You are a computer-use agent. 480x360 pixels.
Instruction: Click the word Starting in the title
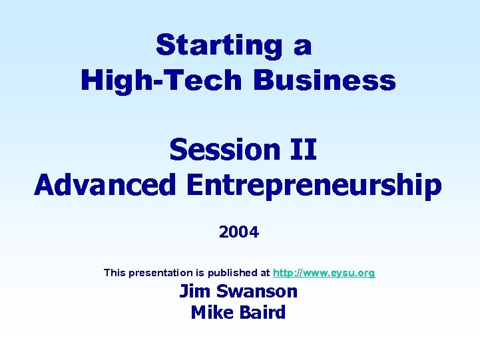(x=216, y=46)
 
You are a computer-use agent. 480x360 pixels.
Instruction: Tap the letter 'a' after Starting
(x=302, y=46)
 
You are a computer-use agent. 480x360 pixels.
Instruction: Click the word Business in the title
(x=324, y=81)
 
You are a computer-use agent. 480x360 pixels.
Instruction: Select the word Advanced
(x=105, y=185)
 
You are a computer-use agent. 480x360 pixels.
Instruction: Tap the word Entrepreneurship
(x=314, y=185)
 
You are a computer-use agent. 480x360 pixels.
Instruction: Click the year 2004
(x=238, y=232)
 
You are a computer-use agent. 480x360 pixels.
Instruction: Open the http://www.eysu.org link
(x=324, y=273)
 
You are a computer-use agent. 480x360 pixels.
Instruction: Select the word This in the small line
(x=115, y=273)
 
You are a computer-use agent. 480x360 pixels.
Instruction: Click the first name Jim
(x=194, y=291)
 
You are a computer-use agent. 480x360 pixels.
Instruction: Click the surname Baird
(x=262, y=312)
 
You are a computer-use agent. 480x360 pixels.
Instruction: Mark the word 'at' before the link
(x=265, y=273)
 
